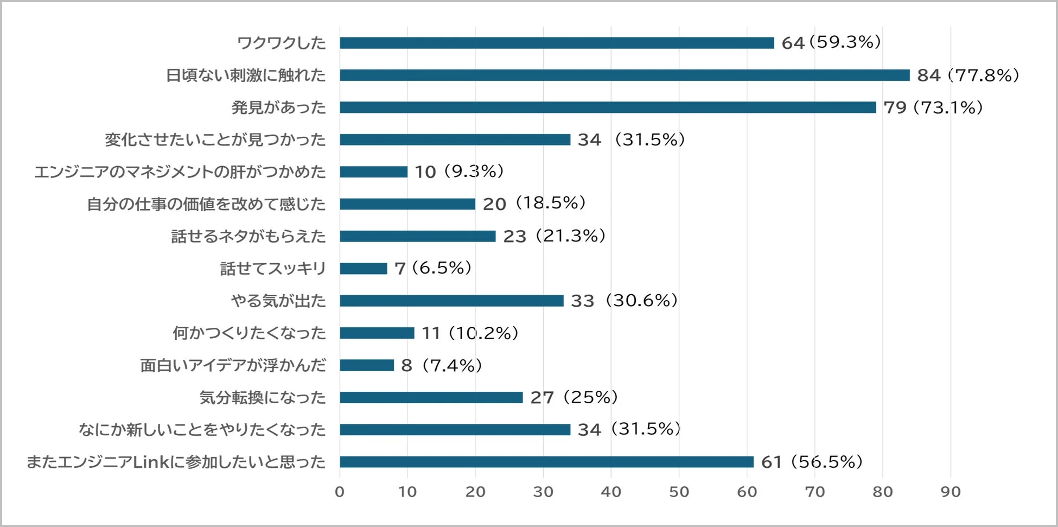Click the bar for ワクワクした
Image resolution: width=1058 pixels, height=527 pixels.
tap(557, 43)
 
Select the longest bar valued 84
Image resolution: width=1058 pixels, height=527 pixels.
tap(624, 75)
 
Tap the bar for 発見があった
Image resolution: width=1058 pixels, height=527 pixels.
tap(608, 107)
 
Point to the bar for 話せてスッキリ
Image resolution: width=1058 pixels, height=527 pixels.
tap(364, 268)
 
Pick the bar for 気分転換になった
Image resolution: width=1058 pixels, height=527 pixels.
tap(431, 397)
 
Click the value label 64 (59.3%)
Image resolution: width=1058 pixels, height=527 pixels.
tap(831, 42)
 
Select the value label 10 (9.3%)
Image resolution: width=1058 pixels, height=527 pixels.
tap(459, 172)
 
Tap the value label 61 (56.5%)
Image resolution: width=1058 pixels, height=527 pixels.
tap(812, 462)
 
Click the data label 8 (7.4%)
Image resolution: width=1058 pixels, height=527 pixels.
tap(442, 365)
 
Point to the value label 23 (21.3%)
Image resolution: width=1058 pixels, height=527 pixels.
tap(554, 236)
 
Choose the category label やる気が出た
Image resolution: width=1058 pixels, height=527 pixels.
tap(278, 301)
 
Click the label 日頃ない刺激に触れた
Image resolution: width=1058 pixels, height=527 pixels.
tap(246, 75)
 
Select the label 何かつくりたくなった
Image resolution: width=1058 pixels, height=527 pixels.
tap(249, 333)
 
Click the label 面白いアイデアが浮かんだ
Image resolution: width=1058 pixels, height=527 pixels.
tap(233, 365)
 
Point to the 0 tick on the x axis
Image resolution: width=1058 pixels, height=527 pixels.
tap(340, 492)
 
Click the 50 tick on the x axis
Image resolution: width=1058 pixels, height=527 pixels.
tap(679, 492)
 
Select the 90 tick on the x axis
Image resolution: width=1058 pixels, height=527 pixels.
tap(950, 492)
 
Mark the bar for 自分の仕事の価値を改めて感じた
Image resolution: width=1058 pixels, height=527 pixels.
tap(407, 204)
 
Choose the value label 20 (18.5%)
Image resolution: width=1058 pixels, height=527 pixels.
tap(534, 204)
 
